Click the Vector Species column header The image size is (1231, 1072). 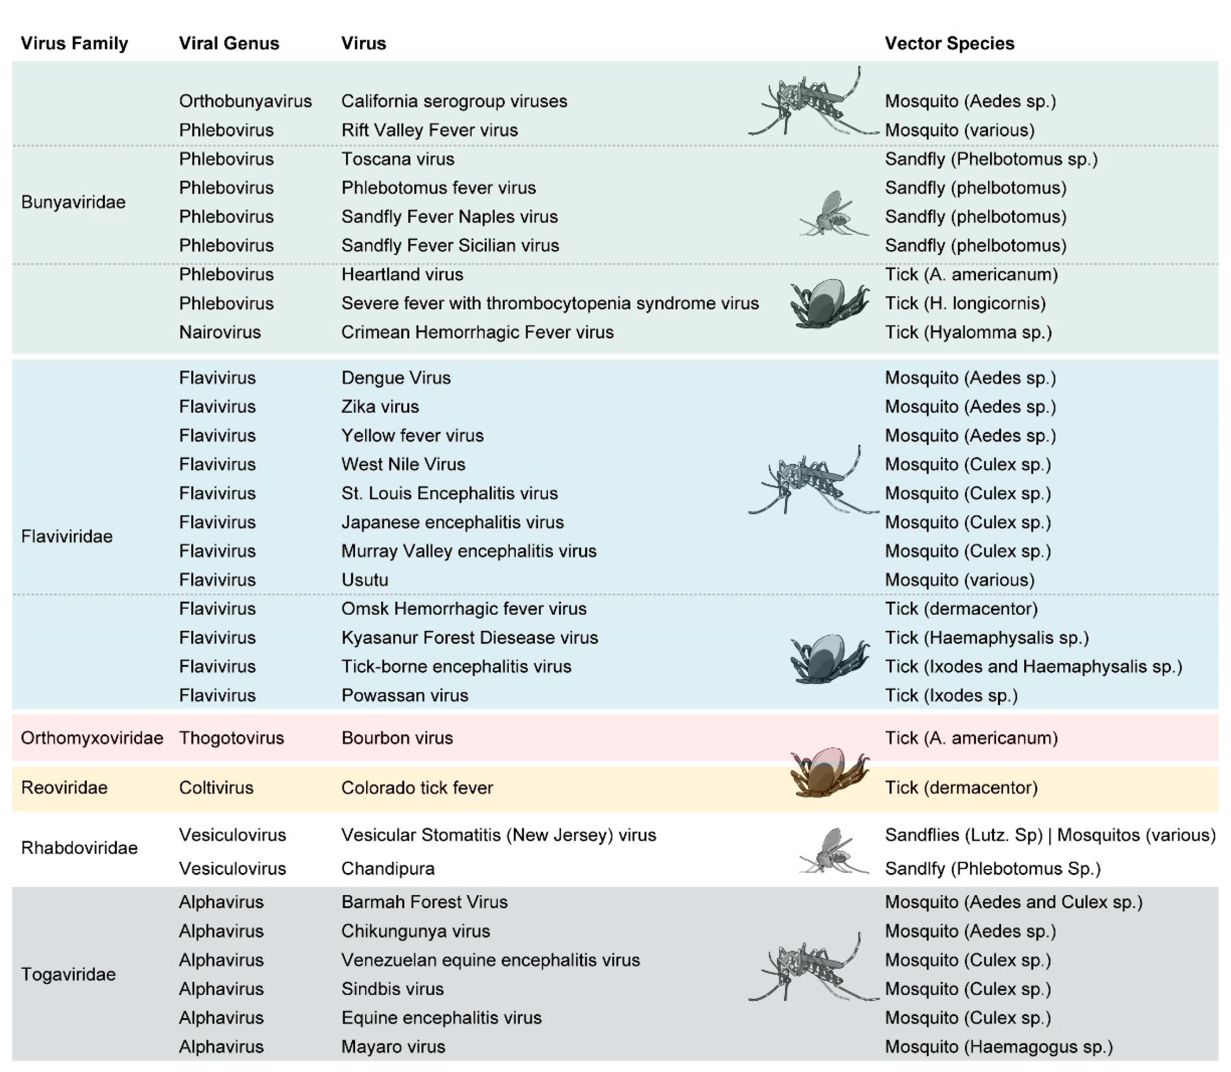pos(949,43)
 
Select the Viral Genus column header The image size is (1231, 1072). pos(229,43)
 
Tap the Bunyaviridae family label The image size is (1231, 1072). pos(73,202)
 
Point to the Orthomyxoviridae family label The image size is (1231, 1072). pos(91,738)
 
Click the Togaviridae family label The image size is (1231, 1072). pos(68,974)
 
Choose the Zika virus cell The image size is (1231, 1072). pos(380,407)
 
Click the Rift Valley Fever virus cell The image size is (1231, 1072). pos(430,130)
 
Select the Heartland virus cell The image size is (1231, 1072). pos(402,275)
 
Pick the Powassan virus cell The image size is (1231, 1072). pos(404,695)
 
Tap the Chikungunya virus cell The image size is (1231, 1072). pos(415,931)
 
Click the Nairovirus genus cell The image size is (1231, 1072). pos(219,332)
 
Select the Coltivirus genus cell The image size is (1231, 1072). pos(216,787)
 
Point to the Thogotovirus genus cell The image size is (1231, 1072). pos(231,738)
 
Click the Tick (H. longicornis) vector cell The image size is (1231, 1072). pos(965,303)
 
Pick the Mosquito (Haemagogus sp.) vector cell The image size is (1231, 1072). pos(998,1046)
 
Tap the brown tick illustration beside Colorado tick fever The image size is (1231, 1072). pos(829,773)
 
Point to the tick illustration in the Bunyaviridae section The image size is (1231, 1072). pos(829,304)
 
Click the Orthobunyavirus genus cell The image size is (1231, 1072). pos(245,101)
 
